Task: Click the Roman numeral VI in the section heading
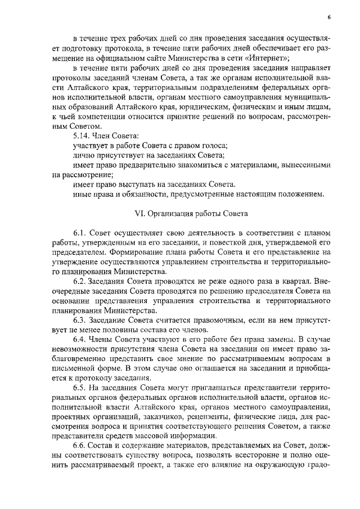point(139,214)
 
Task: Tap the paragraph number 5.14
point(83,136)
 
